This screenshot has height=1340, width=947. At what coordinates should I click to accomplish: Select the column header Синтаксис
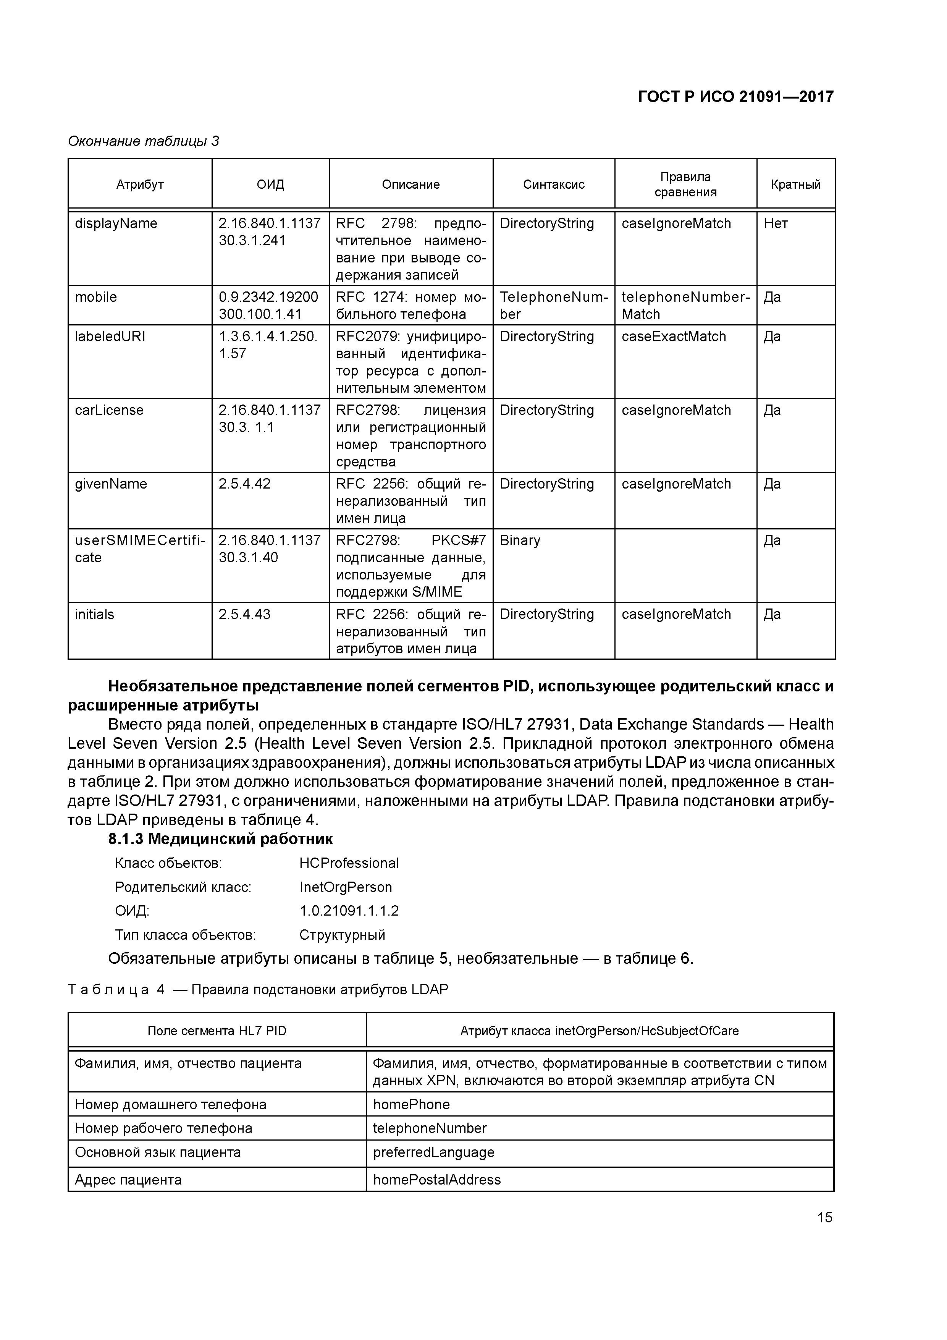click(x=553, y=184)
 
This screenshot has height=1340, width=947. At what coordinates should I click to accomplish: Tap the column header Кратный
click(x=795, y=184)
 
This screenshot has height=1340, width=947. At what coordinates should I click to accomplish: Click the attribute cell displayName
click(x=116, y=223)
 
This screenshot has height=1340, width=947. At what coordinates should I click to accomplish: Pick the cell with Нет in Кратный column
click(x=776, y=223)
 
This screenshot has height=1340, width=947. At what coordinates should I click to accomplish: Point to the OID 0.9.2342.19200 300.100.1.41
click(x=268, y=305)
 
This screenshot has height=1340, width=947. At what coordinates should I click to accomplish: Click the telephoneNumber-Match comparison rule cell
click(x=685, y=305)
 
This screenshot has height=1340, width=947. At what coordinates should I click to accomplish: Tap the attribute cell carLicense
click(x=109, y=410)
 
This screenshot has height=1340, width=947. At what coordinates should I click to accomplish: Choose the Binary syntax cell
click(x=520, y=541)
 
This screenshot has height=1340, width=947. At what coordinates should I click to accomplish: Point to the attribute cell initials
click(x=95, y=615)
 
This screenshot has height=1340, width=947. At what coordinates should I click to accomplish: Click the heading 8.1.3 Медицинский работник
click(x=221, y=839)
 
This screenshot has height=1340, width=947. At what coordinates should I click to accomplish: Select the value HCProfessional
click(x=349, y=863)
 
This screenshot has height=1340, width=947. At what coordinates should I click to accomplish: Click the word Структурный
click(x=342, y=935)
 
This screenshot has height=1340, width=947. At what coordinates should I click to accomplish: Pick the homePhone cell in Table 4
click(x=411, y=1105)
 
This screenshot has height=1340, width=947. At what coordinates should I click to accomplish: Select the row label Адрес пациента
click(x=128, y=1180)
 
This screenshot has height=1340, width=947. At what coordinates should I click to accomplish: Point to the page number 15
click(x=824, y=1217)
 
